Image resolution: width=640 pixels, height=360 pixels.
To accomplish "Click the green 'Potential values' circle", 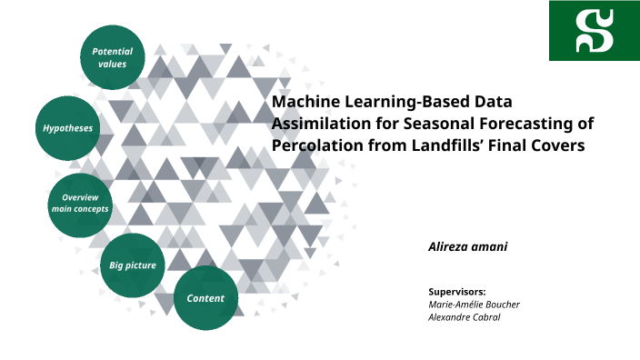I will [113, 57].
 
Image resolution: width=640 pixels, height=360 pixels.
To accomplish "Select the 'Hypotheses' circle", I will [68, 128].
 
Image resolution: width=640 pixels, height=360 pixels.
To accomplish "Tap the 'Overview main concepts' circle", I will [80, 203].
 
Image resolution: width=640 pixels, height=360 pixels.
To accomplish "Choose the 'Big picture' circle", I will [133, 265].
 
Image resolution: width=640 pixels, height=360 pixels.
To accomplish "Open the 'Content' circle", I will [205, 298].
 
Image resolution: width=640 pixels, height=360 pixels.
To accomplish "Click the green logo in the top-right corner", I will [594, 31].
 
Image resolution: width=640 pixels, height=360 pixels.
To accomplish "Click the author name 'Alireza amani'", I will [467, 246].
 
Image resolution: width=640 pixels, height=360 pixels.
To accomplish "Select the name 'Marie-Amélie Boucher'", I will [474, 305].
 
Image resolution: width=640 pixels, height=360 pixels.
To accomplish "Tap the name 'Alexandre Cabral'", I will [465, 317].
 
